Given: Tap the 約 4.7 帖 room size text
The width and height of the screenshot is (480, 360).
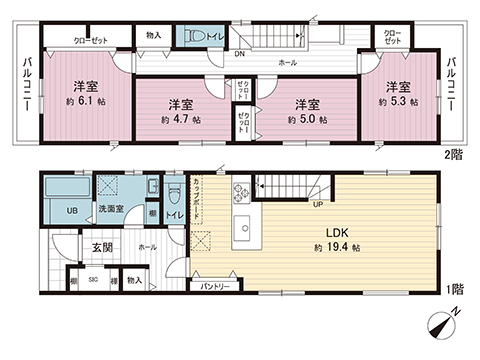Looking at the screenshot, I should click(x=181, y=119).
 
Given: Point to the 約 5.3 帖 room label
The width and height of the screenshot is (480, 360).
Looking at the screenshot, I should click(x=399, y=102).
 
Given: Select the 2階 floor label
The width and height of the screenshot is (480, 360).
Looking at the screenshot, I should click(x=455, y=155).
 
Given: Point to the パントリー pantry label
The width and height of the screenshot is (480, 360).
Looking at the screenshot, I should click(x=215, y=287).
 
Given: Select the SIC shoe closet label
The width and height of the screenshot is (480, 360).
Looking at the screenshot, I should click(x=94, y=281).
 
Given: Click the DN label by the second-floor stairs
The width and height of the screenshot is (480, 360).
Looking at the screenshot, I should click(x=241, y=54).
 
